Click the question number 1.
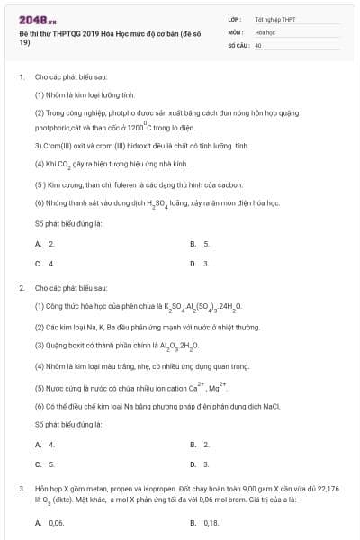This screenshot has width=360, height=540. click(x=21, y=77)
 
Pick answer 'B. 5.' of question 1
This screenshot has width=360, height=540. click(x=200, y=244)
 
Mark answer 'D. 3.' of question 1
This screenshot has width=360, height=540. click(x=200, y=264)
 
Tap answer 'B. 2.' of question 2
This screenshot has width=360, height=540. click(x=200, y=445)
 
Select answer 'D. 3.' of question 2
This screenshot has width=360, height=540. click(x=200, y=464)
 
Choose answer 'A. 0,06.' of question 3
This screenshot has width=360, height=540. click(x=50, y=522)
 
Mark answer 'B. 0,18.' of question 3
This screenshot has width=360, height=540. click(x=205, y=522)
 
